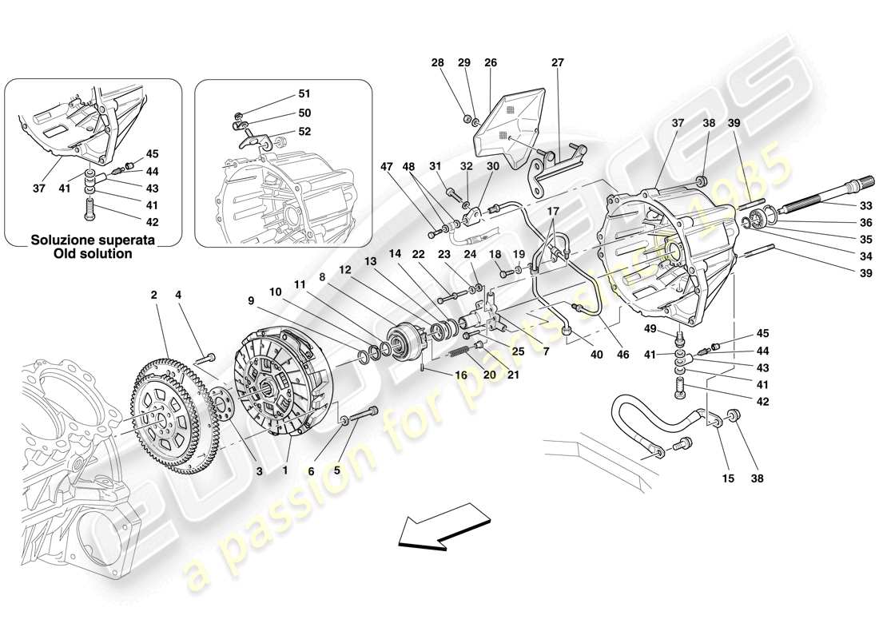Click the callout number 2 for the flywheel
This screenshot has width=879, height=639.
[153, 295]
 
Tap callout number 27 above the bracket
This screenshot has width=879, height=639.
[557, 62]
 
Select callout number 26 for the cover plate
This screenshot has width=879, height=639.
[490, 62]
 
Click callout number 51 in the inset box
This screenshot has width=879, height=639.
[304, 93]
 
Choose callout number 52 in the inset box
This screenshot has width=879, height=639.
[304, 132]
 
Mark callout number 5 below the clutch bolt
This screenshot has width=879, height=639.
[336, 470]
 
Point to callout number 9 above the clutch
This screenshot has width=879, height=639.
[251, 301]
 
